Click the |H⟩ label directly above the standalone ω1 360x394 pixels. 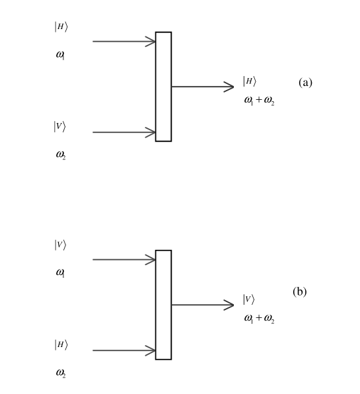[x=61, y=27]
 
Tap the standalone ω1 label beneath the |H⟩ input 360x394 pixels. [x=60, y=55]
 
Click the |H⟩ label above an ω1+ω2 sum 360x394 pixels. [x=248, y=81]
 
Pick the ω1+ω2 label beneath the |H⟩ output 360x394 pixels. [x=259, y=101]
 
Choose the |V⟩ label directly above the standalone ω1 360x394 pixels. [x=60, y=245]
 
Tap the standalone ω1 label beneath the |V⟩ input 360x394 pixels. [x=60, y=272]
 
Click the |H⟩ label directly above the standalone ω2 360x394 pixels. [x=61, y=344]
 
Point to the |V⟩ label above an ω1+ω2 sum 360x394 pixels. [x=248, y=299]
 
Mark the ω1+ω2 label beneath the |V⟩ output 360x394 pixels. [x=259, y=319]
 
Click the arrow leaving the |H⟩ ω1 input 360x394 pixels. [x=124, y=42]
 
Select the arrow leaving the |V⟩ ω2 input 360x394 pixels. [x=124, y=133]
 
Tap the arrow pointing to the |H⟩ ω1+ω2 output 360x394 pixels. [x=203, y=87]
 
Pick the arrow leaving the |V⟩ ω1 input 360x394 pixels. [x=124, y=260]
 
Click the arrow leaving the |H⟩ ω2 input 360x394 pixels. [x=124, y=351]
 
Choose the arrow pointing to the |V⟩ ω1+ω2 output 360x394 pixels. [x=203, y=305]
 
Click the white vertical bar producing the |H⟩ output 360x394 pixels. [x=163, y=87]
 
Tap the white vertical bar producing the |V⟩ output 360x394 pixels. [x=163, y=305]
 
